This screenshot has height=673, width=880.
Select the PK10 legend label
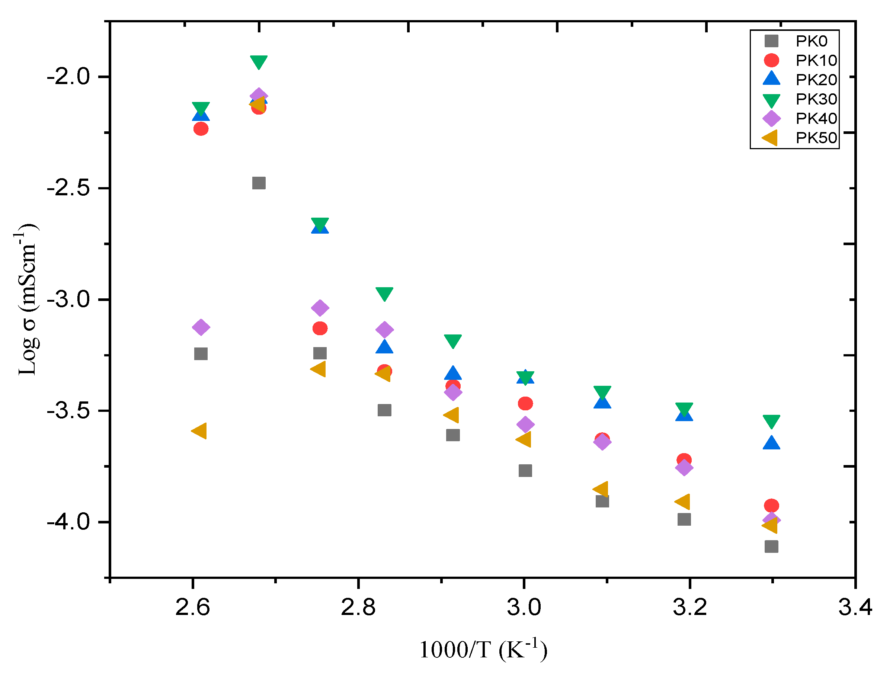pos(816,61)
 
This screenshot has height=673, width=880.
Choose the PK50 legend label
pos(816,138)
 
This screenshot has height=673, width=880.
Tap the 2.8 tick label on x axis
pos(358,607)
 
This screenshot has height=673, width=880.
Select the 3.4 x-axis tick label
pos(855,607)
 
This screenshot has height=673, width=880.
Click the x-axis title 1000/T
pos(483,650)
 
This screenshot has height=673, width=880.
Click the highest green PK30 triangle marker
pos(259,62)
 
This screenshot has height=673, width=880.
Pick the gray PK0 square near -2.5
pos(259,183)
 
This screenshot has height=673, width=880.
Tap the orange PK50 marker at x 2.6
pos(199,431)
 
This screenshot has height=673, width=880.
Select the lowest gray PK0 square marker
pos(771,547)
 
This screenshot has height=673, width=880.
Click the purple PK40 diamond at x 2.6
pos(201,327)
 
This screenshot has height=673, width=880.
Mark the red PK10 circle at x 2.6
pos(201,129)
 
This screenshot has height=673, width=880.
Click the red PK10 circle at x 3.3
pos(771,506)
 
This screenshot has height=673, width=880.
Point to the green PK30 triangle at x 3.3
pos(771,421)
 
